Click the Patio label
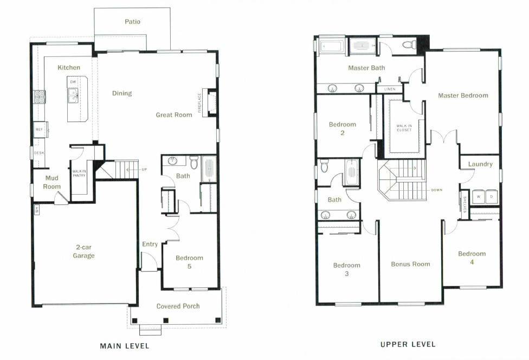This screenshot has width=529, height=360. click(x=132, y=22)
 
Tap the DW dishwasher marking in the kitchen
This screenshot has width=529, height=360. click(x=73, y=82)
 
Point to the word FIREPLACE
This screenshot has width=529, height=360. click(x=199, y=103)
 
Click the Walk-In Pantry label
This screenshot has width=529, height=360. click(x=79, y=173)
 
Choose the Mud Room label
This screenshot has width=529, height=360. click(x=52, y=182)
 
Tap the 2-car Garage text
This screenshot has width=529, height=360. click(x=83, y=252)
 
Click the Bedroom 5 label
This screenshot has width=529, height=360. click(x=189, y=262)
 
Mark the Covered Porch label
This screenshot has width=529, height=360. click(x=178, y=306)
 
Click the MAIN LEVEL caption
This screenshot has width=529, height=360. click(x=125, y=346)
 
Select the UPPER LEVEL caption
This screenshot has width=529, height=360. click(x=408, y=344)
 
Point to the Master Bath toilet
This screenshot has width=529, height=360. click(x=410, y=44)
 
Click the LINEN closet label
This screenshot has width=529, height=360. click(x=390, y=89)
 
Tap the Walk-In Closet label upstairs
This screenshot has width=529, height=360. click(x=404, y=128)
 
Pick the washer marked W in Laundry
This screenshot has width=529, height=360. click(x=479, y=197)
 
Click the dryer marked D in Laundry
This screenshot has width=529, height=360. click(x=491, y=197)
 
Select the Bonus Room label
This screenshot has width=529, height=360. click(x=410, y=264)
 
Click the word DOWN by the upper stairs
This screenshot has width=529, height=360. click(x=436, y=190)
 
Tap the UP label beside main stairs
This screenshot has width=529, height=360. click(x=144, y=169)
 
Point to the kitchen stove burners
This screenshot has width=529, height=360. click(x=40, y=97)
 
